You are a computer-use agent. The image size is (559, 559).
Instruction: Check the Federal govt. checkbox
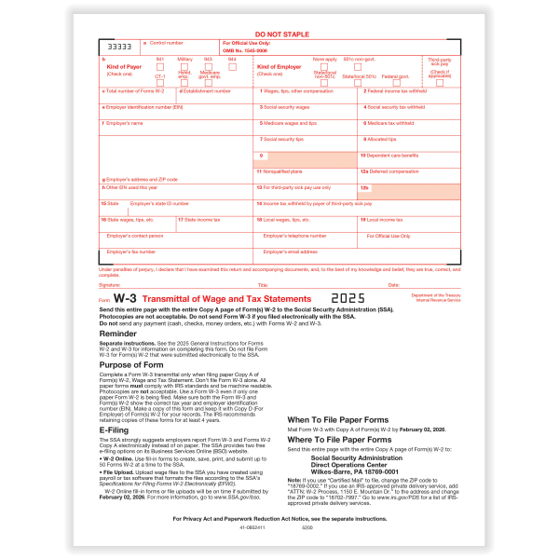[394, 66]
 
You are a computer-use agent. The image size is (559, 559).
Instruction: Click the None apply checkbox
[325, 66]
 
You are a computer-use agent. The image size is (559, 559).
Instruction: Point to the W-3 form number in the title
[127, 297]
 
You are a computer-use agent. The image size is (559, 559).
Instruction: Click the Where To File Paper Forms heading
[339, 439]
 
